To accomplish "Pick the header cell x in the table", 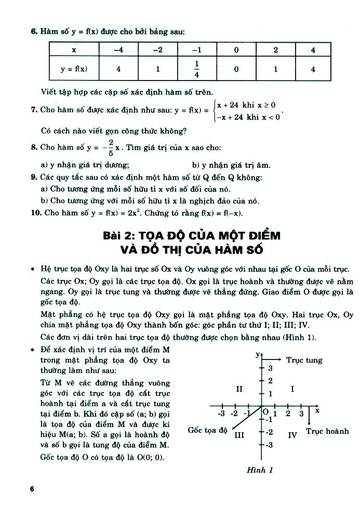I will (74, 50).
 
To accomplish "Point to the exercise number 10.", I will (35, 213).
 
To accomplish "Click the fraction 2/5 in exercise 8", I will (110, 147).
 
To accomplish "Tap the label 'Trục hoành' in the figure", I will (327, 431).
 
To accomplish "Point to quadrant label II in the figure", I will (239, 389).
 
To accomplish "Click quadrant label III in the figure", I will (239, 435).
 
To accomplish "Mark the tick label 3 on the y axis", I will (270, 368).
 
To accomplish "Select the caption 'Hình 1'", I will (260, 470).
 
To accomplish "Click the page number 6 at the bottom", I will (32, 489).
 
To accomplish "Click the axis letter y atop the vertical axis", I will (257, 354).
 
